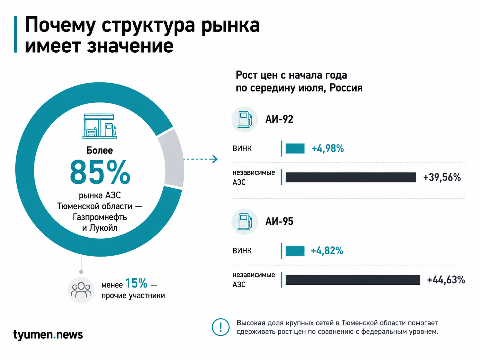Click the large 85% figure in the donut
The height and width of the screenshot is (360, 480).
[x=100, y=172]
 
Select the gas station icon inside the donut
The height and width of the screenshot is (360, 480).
[x=100, y=126]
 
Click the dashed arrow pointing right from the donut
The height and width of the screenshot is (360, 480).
[x=201, y=159]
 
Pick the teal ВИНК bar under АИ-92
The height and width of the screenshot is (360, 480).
[x=295, y=149]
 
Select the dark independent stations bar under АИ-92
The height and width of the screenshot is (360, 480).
[x=351, y=177]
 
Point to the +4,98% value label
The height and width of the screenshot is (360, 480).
[x=328, y=149]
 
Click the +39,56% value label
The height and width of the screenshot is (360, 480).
[x=442, y=177]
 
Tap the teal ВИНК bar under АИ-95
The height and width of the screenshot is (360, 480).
[x=295, y=251]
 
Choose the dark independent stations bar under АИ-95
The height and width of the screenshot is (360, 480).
[x=353, y=280]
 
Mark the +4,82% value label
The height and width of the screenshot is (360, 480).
[x=327, y=251]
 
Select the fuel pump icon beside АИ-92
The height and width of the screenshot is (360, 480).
[x=245, y=119]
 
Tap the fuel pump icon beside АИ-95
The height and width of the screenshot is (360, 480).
[x=245, y=222]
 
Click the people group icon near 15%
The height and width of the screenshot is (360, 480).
[x=81, y=290]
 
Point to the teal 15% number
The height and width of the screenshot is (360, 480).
[x=137, y=283]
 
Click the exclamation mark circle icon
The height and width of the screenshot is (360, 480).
[x=221, y=327]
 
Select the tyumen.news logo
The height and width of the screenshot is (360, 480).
[x=48, y=335]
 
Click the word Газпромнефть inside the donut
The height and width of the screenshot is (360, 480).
[x=100, y=217]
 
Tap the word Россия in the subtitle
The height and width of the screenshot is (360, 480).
[x=346, y=88]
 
